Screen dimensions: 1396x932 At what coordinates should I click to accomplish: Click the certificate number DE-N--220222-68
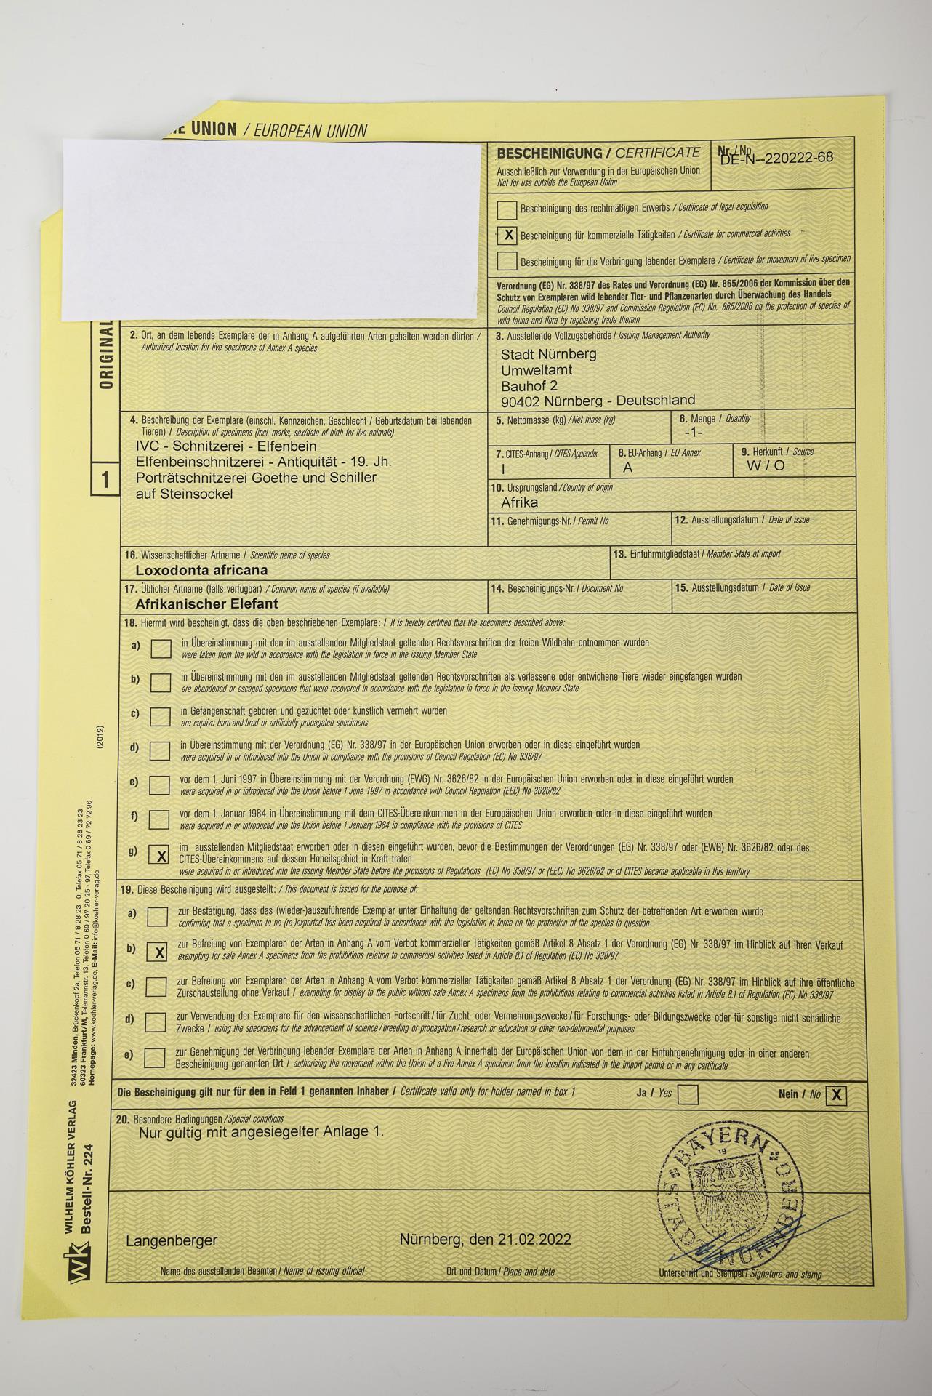tap(776, 159)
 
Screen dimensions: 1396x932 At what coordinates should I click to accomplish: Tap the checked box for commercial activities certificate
tap(508, 235)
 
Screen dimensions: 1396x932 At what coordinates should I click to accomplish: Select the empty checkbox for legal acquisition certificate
tap(507, 209)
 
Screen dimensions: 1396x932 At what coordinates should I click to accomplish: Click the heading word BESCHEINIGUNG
tap(549, 153)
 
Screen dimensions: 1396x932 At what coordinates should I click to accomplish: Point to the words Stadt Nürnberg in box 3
tap(549, 354)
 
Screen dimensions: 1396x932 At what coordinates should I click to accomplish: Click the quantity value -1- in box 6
tap(694, 432)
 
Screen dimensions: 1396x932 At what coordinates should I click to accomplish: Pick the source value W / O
tap(766, 466)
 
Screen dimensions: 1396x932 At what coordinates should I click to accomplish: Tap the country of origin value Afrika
tap(520, 502)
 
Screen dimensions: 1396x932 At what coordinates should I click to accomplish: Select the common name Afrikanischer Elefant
tap(206, 603)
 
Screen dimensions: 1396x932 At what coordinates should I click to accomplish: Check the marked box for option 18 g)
tap(161, 855)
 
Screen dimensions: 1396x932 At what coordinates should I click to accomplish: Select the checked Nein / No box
tap(837, 1095)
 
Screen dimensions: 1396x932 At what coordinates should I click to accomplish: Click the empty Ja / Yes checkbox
tap(688, 1094)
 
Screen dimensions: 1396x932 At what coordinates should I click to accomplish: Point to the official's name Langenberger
tap(172, 1240)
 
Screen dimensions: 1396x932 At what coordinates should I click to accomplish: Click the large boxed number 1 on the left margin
tap(105, 480)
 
